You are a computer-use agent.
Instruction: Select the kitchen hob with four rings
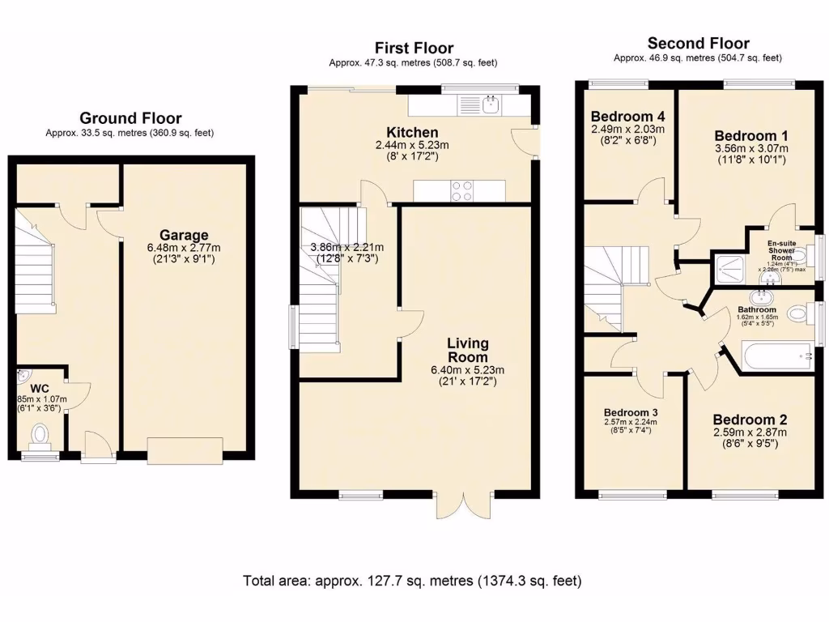point(462,190)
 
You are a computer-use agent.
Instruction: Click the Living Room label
point(467,351)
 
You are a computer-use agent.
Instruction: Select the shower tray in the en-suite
point(732,267)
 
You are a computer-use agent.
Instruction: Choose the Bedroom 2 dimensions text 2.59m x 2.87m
point(750,433)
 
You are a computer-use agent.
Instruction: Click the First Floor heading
point(413,49)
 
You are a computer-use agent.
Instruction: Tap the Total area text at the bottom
point(413,581)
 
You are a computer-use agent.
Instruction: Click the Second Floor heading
point(698,44)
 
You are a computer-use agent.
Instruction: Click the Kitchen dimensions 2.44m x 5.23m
point(412,146)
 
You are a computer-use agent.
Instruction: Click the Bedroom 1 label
point(751,135)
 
